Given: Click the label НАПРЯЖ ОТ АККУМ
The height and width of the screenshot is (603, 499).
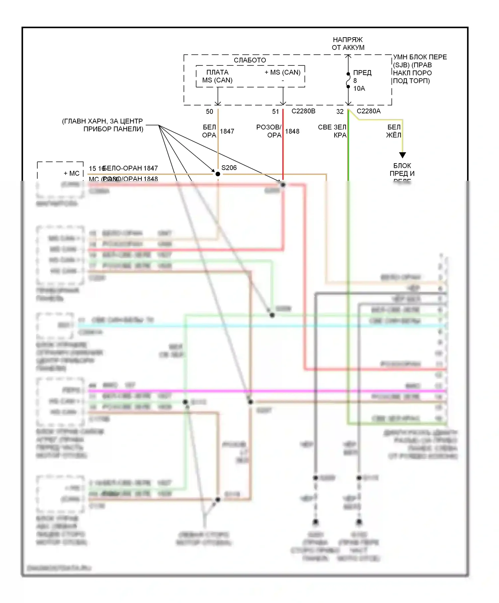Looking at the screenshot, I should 348,44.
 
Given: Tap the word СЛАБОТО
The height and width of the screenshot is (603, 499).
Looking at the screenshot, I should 250,60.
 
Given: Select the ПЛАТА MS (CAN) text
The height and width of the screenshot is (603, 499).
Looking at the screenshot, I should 217,76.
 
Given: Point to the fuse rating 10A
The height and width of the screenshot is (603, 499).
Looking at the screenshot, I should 359,88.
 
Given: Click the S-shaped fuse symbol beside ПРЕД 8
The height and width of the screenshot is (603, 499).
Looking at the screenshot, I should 348,80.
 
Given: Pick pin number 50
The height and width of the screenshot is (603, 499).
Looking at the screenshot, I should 210,112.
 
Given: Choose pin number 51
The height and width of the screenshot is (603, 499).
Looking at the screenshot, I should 275,112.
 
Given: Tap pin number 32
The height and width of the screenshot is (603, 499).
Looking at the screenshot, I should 340,112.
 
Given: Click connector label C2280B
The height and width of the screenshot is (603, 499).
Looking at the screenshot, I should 303,111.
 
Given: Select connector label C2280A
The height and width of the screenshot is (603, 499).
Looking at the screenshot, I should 369,111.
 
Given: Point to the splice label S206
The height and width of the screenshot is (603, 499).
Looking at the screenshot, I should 229,168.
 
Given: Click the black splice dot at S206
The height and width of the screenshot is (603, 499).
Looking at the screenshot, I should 218,174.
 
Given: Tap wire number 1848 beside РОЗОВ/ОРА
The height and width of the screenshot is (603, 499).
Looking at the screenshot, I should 292,131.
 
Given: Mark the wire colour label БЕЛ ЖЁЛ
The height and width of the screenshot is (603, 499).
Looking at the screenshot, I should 394,131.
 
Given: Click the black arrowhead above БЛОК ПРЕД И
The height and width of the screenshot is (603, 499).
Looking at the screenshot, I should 403,155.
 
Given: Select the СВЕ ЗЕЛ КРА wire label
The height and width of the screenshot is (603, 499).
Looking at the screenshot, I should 332,131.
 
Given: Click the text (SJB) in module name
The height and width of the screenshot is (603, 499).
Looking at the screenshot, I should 401,65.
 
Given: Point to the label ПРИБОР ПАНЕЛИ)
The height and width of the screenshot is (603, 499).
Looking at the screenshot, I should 113,129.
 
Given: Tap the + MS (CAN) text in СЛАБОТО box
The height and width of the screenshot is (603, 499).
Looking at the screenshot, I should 282,72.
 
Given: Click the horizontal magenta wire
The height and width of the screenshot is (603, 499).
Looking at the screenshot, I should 266,391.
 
